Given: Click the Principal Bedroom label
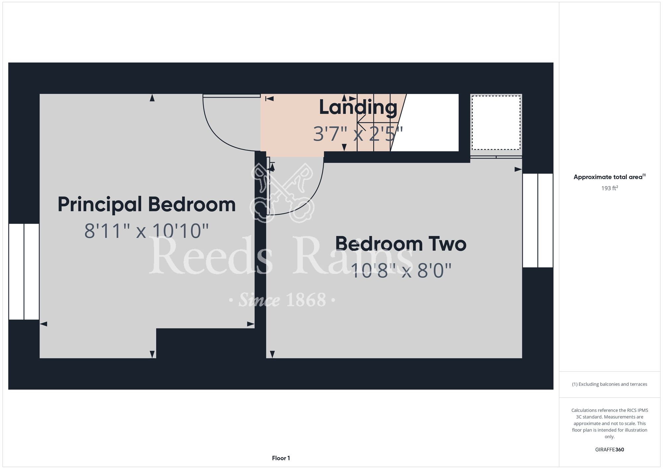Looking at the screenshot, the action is click(x=147, y=205).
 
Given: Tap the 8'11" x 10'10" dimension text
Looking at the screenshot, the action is click(x=147, y=231).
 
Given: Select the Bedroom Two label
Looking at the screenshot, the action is click(x=401, y=244).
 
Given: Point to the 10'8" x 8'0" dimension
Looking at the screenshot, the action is click(x=401, y=270).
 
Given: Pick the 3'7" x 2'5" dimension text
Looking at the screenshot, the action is click(x=358, y=134).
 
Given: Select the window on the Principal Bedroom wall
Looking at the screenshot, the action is click(x=24, y=272).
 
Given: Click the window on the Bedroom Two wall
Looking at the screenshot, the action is click(x=538, y=220).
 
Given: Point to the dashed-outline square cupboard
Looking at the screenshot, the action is click(x=496, y=123).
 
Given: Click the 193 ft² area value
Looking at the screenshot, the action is click(x=610, y=188).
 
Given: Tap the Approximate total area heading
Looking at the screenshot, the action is click(x=610, y=177).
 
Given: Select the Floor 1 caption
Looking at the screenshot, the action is click(x=281, y=458).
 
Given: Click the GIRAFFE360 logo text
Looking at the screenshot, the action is click(x=610, y=450).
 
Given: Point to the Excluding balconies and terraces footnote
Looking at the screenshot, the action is click(x=610, y=384).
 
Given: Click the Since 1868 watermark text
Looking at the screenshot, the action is click(x=282, y=300).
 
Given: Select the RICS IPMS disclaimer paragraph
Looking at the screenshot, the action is click(x=610, y=423).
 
